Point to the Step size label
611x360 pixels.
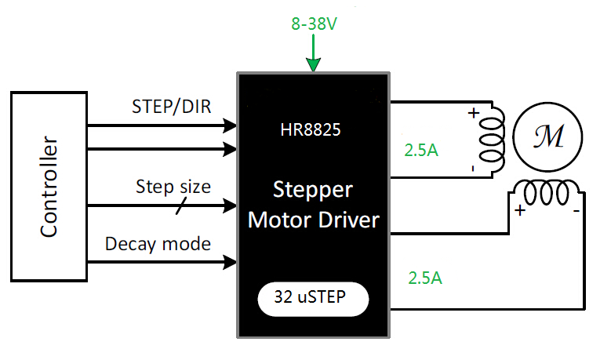point(173,187)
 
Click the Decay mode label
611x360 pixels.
point(158,244)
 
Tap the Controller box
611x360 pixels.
point(49,186)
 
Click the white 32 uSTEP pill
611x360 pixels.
point(312,298)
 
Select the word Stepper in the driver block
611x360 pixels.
point(312,191)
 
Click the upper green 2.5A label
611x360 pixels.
point(421,150)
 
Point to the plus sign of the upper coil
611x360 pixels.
point(473,113)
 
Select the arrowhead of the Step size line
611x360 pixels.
point(230,205)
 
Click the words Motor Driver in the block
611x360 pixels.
point(312,220)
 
